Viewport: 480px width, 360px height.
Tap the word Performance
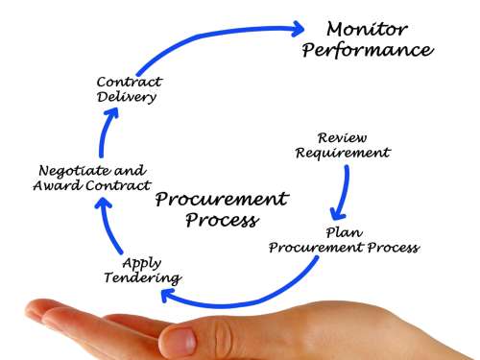click(367, 50)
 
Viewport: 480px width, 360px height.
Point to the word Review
click(343, 136)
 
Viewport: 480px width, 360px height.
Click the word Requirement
click(343, 153)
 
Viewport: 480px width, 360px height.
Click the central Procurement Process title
click(221, 209)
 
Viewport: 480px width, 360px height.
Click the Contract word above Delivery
click(129, 83)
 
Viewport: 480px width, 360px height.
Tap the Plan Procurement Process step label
click(343, 240)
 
